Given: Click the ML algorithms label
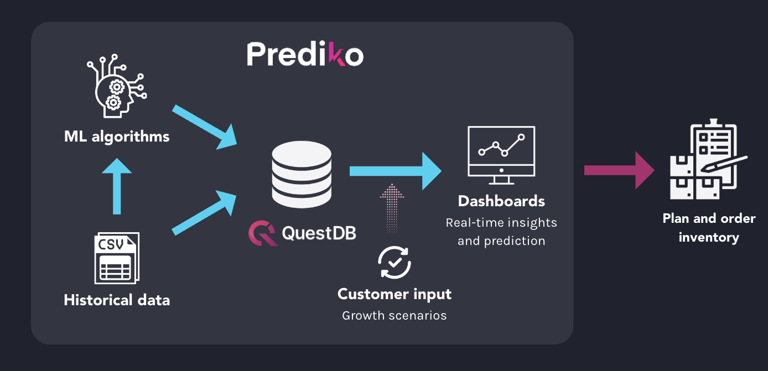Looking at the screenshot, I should tap(117, 136).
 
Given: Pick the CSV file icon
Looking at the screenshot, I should tap(117, 258).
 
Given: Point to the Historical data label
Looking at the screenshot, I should tap(117, 300).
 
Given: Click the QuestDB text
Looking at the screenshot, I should tap(319, 233).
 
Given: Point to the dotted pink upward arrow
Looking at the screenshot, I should tap(393, 207).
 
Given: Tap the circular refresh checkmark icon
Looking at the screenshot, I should tap(394, 262).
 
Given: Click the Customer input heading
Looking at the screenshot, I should tap(395, 294).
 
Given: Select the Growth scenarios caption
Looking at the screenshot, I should tap(394, 316).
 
